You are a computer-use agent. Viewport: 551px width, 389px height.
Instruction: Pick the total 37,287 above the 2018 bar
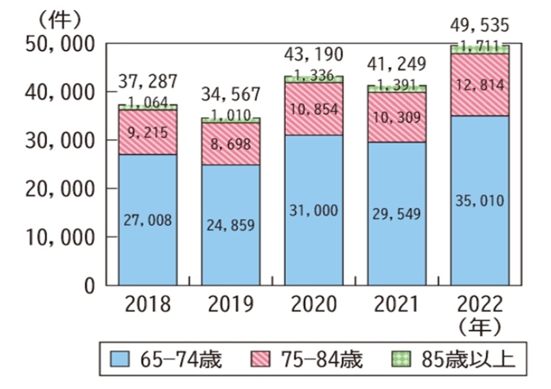pyautogui.click(x=148, y=82)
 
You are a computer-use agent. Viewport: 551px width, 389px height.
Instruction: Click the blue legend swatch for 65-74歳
pyautogui.click(x=121, y=359)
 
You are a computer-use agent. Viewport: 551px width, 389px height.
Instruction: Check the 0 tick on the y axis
pyautogui.click(x=91, y=285)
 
